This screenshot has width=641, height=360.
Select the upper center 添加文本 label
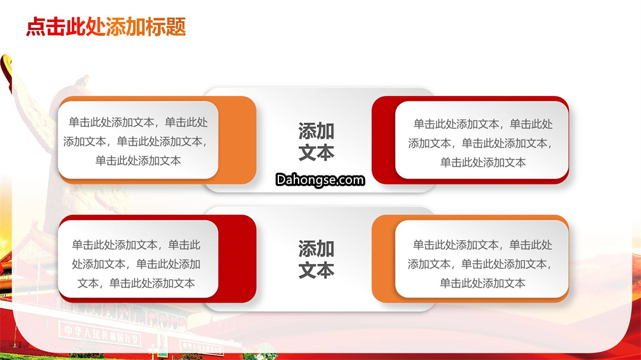pyautogui.click(x=316, y=141)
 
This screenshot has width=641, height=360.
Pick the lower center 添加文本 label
pyautogui.click(x=316, y=260)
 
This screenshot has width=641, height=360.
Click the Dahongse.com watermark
pyautogui.click(x=320, y=180)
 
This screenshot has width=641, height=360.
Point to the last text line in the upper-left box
pyautogui.click(x=138, y=161)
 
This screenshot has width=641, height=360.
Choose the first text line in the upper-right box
pyautogui.click(x=483, y=124)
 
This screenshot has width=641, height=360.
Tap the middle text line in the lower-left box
pyautogui.click(x=136, y=264)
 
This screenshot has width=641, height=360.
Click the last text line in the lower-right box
pyautogui.click(x=483, y=283)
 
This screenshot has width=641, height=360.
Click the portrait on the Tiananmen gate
pyautogui.click(x=162, y=343)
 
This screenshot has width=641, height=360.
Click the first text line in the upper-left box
pyautogui.click(x=138, y=122)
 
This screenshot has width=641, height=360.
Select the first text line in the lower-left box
pyautogui.click(x=136, y=245)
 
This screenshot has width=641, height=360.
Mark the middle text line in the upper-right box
pyautogui.click(x=481, y=143)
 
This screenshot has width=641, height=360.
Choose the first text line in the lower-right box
pyautogui.click(x=483, y=245)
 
